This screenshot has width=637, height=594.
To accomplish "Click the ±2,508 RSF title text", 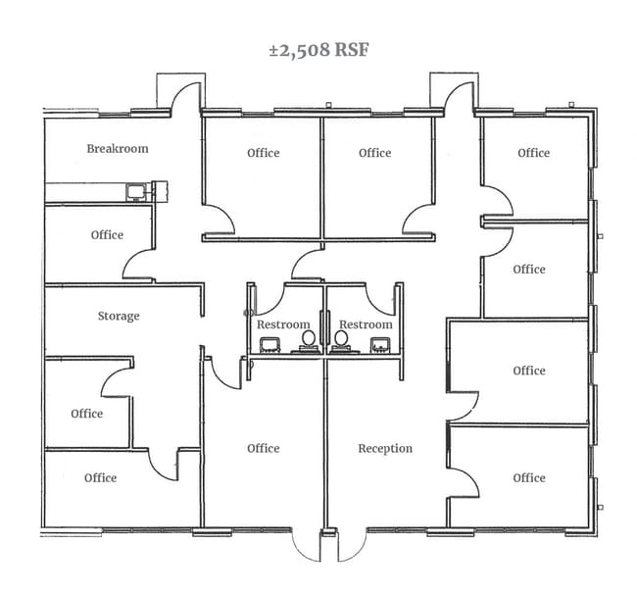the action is pos(318,50).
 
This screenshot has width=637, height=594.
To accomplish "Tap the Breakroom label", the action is pos(118,149).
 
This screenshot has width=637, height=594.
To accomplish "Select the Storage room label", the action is pos(119,316).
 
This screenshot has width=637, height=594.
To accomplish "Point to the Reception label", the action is pos(385,449).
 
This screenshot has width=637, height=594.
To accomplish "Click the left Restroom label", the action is pos(283,324).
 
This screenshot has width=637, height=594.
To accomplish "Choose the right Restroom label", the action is pos(367,324).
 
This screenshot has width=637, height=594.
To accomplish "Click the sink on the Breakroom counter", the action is pos(136,192).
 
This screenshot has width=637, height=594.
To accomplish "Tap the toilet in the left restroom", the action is pos(309,341).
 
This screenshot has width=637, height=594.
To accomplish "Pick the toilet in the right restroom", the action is pos(341,341).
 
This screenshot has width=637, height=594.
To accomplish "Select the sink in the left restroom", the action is pos(269,345).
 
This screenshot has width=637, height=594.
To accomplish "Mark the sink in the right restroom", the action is pos(380,345).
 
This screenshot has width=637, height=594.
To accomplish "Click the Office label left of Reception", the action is pos(264,449).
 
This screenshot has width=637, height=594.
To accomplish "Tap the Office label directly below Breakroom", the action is pos(107,235).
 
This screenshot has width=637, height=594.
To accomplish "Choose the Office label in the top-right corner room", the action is pos(534,153).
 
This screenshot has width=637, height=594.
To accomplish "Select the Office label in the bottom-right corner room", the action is pos(529,477).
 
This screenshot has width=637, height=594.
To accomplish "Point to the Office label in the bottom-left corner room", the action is pos(100,477).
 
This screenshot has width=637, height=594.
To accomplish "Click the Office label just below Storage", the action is pos(87,414).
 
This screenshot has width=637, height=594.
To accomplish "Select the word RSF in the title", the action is pos(352,50).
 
